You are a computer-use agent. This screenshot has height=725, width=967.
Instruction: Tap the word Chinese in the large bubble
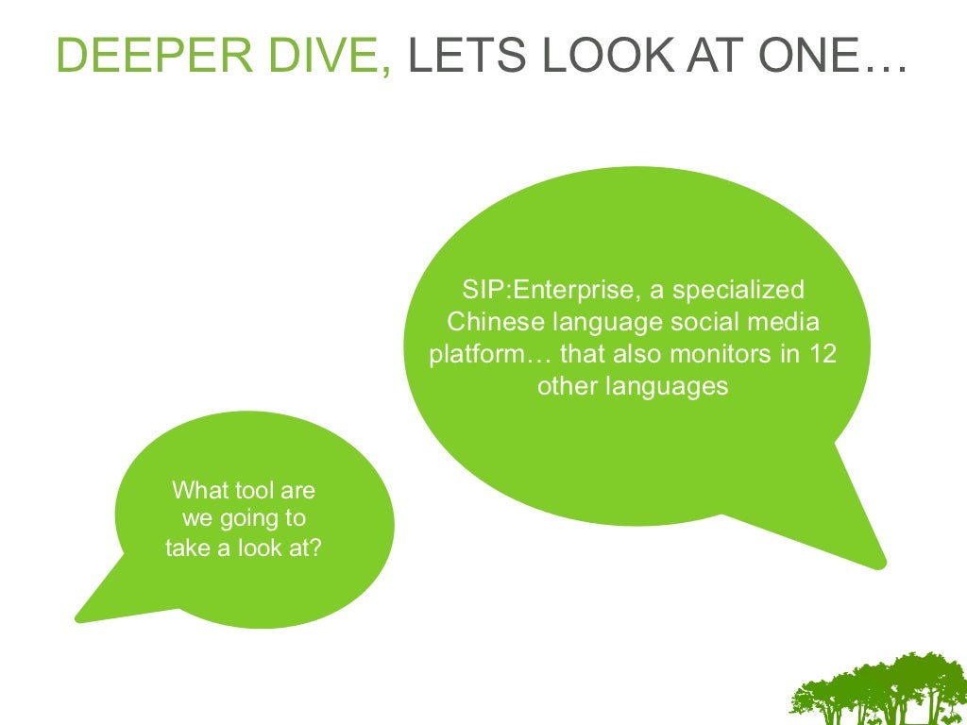(x=495, y=322)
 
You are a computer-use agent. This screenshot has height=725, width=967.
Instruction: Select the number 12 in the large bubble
(x=823, y=354)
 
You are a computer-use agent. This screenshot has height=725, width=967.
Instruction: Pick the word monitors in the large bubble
(x=717, y=354)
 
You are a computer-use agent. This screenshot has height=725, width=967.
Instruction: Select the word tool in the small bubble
(x=247, y=491)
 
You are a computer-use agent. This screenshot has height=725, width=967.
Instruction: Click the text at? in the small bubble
(x=301, y=548)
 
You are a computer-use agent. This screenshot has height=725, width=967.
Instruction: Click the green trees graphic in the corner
(x=879, y=689)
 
